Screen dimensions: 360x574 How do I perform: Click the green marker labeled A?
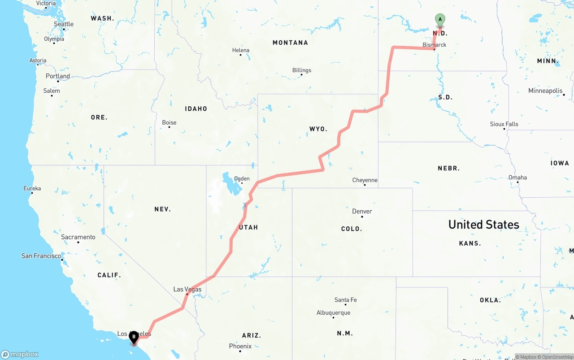(440, 20)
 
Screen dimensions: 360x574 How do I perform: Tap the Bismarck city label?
(435, 45)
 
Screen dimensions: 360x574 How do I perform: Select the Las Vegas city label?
(187, 289)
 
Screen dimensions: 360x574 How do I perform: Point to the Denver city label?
(362, 211)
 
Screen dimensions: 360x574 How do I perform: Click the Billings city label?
(301, 70)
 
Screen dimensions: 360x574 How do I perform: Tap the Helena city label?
(241, 50)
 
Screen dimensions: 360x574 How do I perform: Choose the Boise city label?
(169, 122)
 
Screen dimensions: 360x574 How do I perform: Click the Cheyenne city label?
(365, 180)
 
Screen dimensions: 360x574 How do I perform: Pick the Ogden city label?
(242, 178)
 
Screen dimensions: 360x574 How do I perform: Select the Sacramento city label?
(78, 237)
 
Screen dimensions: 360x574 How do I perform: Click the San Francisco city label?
(41, 256)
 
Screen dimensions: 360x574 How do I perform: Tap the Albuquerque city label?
(333, 313)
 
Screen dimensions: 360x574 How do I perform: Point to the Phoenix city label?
(240, 346)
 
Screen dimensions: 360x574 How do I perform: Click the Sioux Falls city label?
(504, 124)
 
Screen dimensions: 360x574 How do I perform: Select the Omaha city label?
(517, 178)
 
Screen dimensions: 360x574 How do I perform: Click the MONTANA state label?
(290, 43)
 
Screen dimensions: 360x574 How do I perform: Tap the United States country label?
(483, 225)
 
